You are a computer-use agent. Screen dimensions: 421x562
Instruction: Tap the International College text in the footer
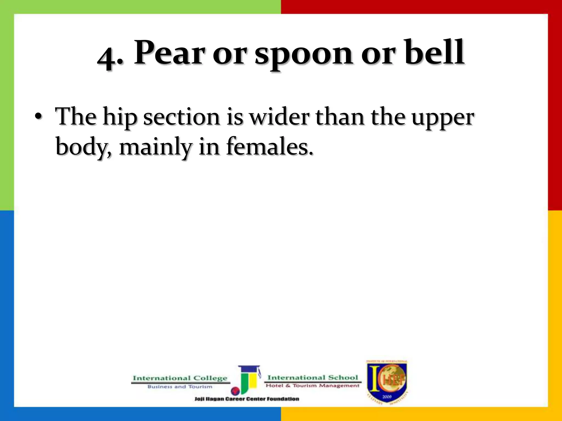pos(180,378)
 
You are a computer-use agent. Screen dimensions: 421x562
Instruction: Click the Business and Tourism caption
pos(180,387)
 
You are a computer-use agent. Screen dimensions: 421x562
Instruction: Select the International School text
pos(313,378)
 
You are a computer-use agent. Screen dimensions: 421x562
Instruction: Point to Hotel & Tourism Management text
pos(312,386)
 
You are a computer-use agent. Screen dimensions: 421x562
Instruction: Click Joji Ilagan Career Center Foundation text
pos(247,399)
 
